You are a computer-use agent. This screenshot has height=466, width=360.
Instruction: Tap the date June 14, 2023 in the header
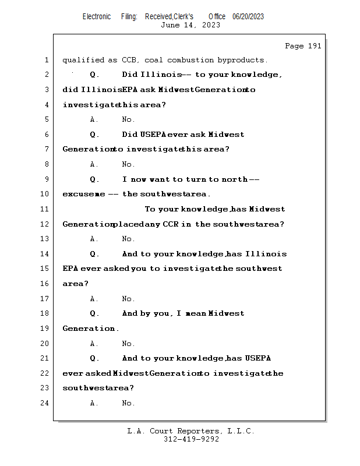point(190,25)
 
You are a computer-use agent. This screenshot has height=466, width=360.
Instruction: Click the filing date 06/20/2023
point(248,16)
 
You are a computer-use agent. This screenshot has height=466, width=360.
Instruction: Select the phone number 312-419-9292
point(191,440)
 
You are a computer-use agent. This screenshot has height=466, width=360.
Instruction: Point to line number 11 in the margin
point(45,209)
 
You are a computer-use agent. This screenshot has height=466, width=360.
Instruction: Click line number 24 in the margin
point(45,403)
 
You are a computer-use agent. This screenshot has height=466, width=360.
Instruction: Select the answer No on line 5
point(128,119)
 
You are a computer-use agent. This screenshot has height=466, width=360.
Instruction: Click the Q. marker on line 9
point(95,179)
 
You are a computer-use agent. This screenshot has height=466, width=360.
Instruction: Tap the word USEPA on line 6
point(153,135)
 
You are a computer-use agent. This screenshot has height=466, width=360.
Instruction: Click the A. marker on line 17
point(94,299)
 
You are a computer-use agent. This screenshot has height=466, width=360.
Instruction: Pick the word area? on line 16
point(76,284)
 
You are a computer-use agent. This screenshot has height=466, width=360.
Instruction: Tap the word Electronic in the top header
point(97,16)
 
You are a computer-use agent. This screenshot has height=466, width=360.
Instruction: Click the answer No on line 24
point(128,403)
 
